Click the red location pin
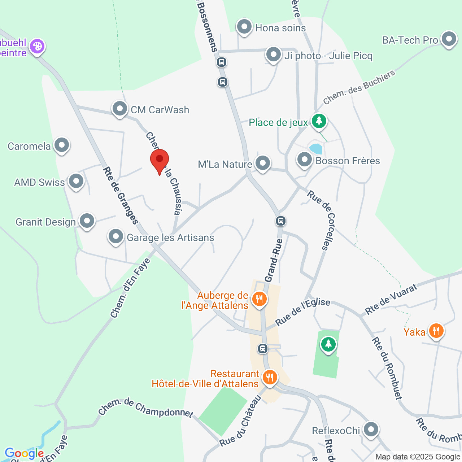(x=159, y=160)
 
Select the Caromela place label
(x=29, y=146)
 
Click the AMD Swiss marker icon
(x=76, y=181)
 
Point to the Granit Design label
(x=46, y=222)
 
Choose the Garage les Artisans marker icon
(x=116, y=237)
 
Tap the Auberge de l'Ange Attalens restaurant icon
(x=259, y=299)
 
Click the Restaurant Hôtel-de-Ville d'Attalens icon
(x=270, y=378)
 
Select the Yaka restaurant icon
(x=436, y=330)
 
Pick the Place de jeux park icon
(x=319, y=121)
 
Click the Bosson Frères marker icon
(x=305, y=160)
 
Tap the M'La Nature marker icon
(x=262, y=163)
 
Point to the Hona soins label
(x=280, y=28)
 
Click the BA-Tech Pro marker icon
(x=449, y=39)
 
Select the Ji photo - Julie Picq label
(x=328, y=56)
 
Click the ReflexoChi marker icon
(x=371, y=430)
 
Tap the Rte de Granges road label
(x=121, y=195)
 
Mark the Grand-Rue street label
(x=273, y=260)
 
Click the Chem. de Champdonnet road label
(x=146, y=408)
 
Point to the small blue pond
(x=316, y=149)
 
